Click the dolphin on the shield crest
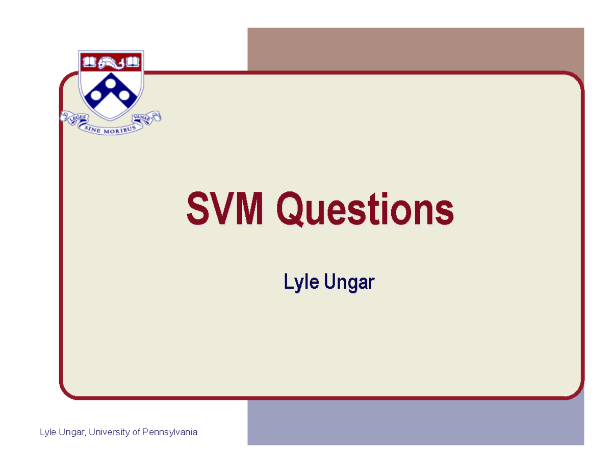tap(111, 63)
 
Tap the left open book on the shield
tap(89, 62)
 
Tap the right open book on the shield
tap(132, 62)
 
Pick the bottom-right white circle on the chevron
tap(125, 94)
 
